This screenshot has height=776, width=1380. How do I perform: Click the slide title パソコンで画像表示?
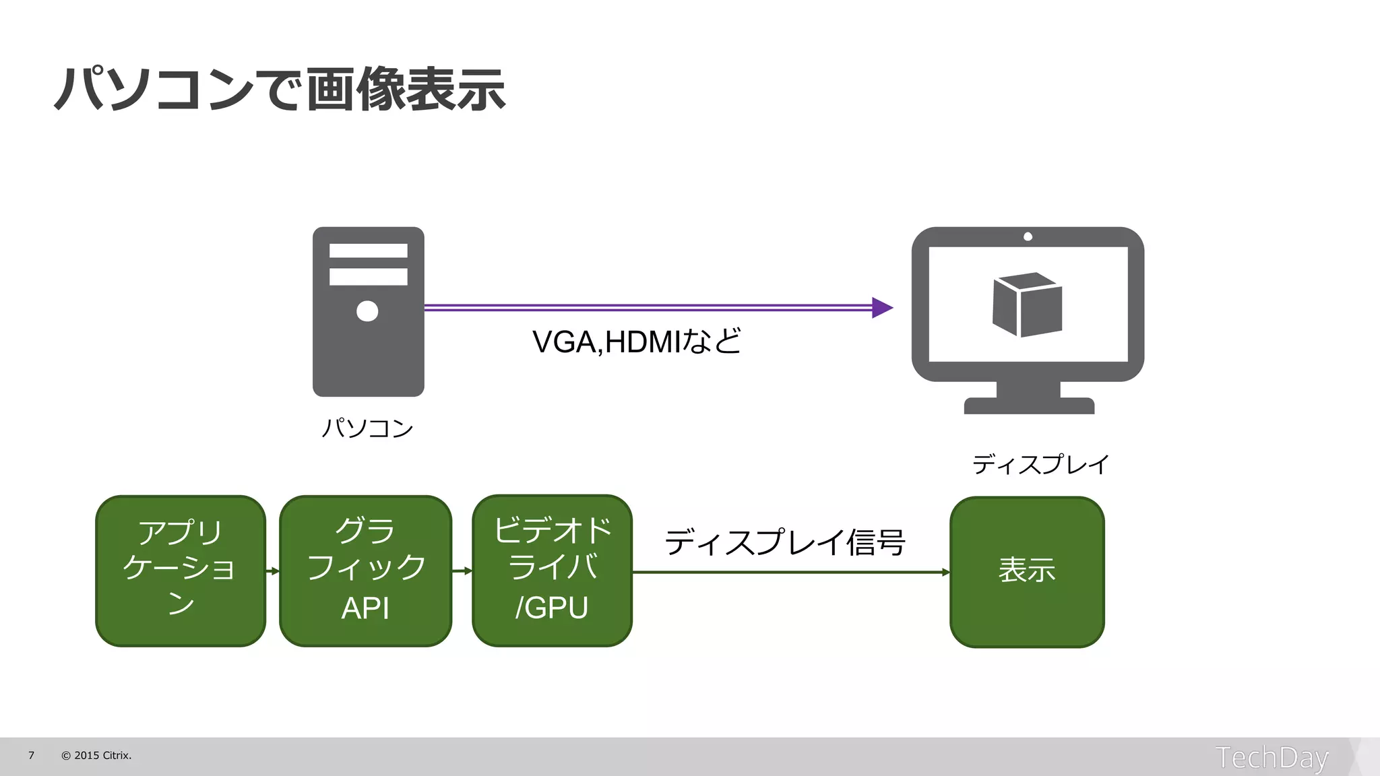(280, 89)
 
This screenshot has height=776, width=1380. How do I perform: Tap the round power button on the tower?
(367, 311)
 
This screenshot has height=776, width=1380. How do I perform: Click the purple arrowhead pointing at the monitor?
(881, 308)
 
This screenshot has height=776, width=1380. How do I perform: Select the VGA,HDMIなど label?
(636, 342)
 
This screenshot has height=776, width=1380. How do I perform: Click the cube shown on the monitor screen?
(1027, 304)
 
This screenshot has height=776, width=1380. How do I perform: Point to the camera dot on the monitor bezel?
(1028, 236)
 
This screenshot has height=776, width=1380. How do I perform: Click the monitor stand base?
(1029, 406)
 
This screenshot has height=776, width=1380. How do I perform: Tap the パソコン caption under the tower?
(367, 428)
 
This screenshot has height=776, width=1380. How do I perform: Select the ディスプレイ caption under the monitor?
(1040, 464)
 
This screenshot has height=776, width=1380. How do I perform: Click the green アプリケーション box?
(180, 571)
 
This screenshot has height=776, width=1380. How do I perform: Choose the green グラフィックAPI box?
(365, 571)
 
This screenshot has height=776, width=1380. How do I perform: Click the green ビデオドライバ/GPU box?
(552, 571)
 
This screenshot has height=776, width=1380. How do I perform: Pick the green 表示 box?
(1026, 572)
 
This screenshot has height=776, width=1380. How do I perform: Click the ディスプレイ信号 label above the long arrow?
(785, 542)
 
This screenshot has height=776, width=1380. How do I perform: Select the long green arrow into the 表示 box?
(788, 572)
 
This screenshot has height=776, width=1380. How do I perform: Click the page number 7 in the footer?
(31, 755)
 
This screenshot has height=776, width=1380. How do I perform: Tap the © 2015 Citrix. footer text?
(96, 755)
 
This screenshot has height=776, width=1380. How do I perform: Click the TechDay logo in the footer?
(1272, 757)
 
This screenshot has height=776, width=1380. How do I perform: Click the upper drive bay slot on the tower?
(368, 251)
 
